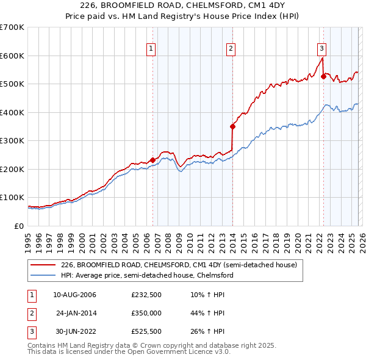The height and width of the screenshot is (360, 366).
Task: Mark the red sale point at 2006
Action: pyautogui.click(x=152, y=160)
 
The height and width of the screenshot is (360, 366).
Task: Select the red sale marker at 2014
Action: pyautogui.click(x=232, y=127)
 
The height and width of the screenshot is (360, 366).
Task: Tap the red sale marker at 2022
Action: pyautogui.click(x=323, y=77)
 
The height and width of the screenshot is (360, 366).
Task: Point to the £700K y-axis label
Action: pyautogui.click(x=12, y=27)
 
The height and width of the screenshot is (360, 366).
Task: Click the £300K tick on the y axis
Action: pyautogui.click(x=12, y=141)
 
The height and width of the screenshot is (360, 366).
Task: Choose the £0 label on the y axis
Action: pyautogui.click(x=19, y=226)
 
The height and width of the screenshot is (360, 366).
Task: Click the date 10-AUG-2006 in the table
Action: pyautogui.click(x=75, y=295)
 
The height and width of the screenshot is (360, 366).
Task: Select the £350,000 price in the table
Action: pyautogui.click(x=146, y=313)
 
